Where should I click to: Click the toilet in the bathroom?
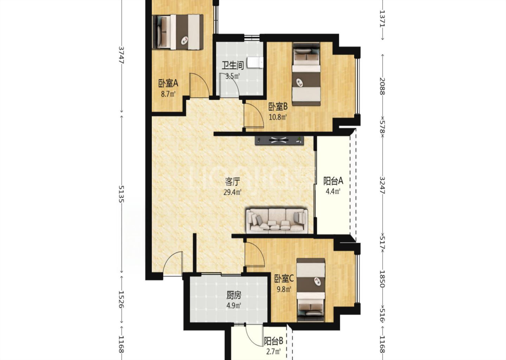tap(255, 62)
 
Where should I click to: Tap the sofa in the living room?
tap(277, 221)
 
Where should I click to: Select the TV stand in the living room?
tap(279, 140)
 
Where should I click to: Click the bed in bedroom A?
tap(177, 32)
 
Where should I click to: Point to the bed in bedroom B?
tap(306, 74)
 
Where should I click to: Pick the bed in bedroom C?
tap(311, 290)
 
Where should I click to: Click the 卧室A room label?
tap(168, 84)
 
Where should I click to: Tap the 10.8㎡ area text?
tap(278, 117)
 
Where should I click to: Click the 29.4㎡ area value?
tap(233, 192)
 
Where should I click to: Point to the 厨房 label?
tap(234, 295)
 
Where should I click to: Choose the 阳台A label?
tap(333, 181)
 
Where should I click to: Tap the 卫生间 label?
tap(233, 66)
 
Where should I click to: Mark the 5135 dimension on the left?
tap(121, 194)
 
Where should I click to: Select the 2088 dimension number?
tap(382, 86)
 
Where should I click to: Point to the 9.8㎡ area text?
tap(284, 289)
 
